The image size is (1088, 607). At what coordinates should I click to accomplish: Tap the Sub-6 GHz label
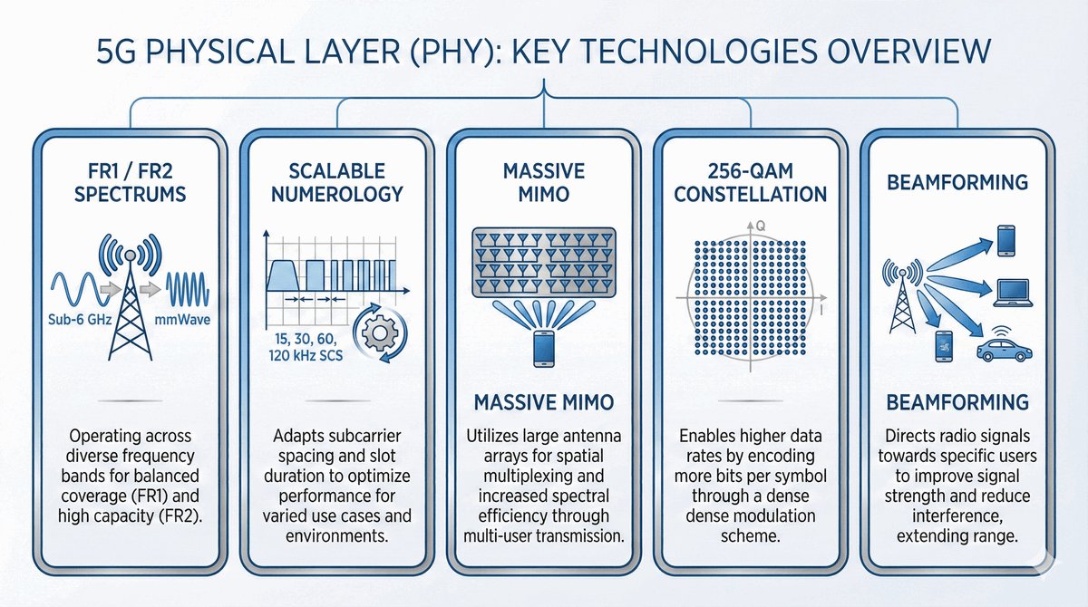coord(80,320)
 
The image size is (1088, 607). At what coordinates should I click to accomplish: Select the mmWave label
coord(182,320)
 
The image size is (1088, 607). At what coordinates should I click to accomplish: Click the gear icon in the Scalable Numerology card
coord(380,332)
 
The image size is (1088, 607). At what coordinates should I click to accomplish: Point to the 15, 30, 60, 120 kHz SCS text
coord(306,347)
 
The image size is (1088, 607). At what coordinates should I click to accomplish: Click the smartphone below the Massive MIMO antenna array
coord(543,349)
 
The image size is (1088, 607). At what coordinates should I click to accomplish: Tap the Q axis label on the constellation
coord(761,226)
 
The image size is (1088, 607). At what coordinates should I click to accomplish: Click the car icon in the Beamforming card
coord(1004,350)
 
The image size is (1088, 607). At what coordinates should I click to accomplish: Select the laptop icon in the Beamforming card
coord(1013,293)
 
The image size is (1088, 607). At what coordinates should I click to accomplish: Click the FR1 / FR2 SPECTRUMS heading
coord(131,183)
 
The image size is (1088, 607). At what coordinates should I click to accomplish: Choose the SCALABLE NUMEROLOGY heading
coord(337,183)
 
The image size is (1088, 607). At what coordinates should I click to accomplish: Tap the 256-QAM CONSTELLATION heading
coord(751,183)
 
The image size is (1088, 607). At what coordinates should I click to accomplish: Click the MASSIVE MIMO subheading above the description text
coord(544,403)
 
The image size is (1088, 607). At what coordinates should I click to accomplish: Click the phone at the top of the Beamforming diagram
coord(1005,241)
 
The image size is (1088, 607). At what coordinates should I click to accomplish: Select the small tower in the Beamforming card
coord(902,298)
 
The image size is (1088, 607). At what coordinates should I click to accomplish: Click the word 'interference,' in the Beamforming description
coord(957,515)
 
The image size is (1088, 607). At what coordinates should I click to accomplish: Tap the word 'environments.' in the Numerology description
coord(337,535)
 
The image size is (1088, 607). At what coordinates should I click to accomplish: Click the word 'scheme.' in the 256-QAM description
coord(751,535)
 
